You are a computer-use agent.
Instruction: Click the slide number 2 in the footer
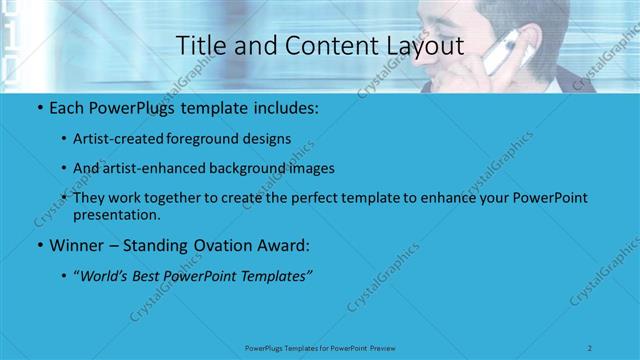point(591,347)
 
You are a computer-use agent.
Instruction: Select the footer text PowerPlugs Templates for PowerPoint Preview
point(320,347)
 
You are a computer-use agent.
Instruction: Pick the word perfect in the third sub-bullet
point(311,199)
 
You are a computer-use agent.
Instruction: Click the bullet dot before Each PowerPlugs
point(38,107)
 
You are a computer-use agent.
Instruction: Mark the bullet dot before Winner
point(38,246)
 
